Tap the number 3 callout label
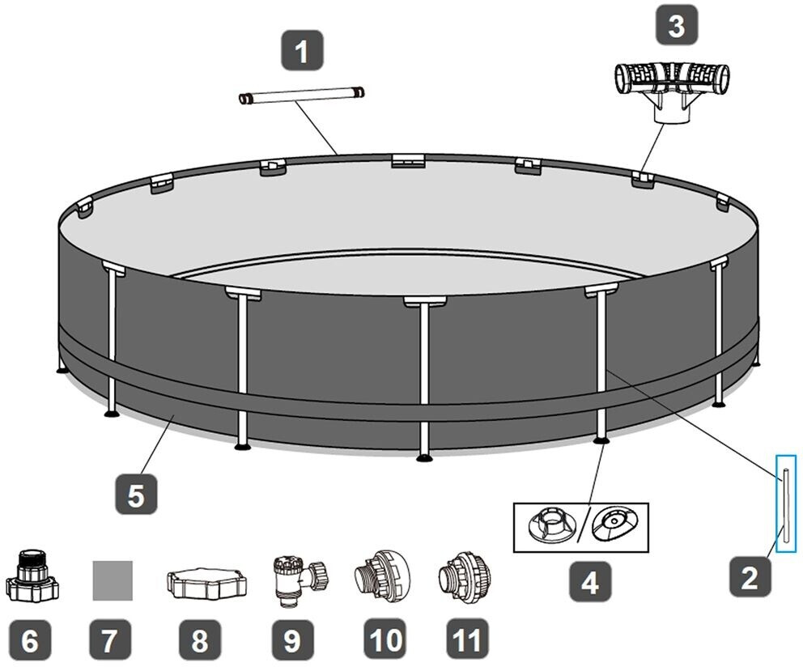tap(675, 26)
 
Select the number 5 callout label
tap(135, 495)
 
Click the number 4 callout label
tap(589, 581)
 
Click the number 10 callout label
tap(385, 640)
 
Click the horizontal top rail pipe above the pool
tap(301, 97)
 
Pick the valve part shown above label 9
tap(295, 580)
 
